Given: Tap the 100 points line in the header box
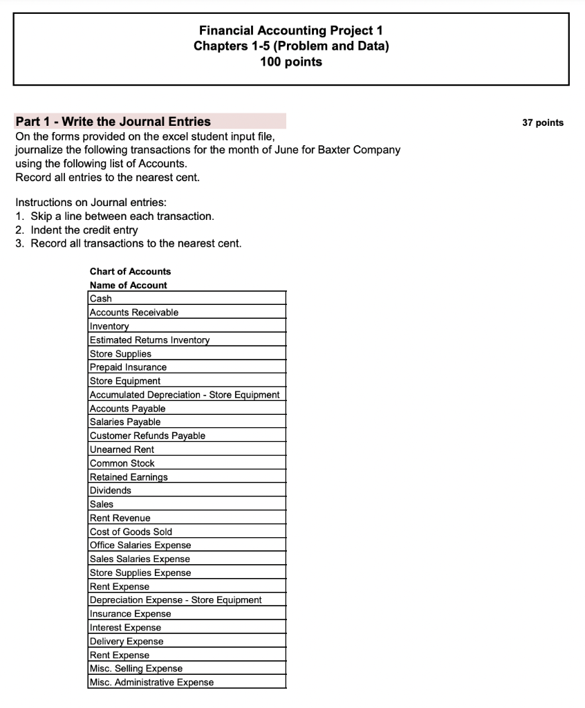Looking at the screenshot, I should tap(290, 62).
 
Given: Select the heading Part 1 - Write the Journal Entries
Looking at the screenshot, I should tap(113, 122).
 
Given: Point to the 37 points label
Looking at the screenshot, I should tap(543, 123).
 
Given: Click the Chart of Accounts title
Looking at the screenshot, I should tap(130, 272).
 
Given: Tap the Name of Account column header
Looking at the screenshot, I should tap(128, 285).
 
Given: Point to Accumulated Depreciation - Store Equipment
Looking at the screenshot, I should tap(185, 395).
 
